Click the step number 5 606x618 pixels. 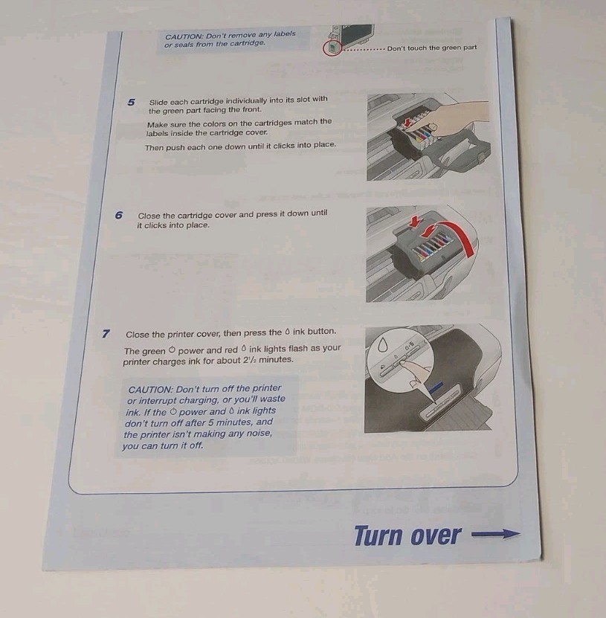(x=132, y=102)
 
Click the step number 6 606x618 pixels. (x=119, y=215)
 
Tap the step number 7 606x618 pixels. (x=107, y=333)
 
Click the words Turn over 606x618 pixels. (x=407, y=535)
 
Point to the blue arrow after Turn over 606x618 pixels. (x=494, y=533)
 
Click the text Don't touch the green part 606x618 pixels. (x=432, y=48)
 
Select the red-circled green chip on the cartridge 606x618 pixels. (x=333, y=48)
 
